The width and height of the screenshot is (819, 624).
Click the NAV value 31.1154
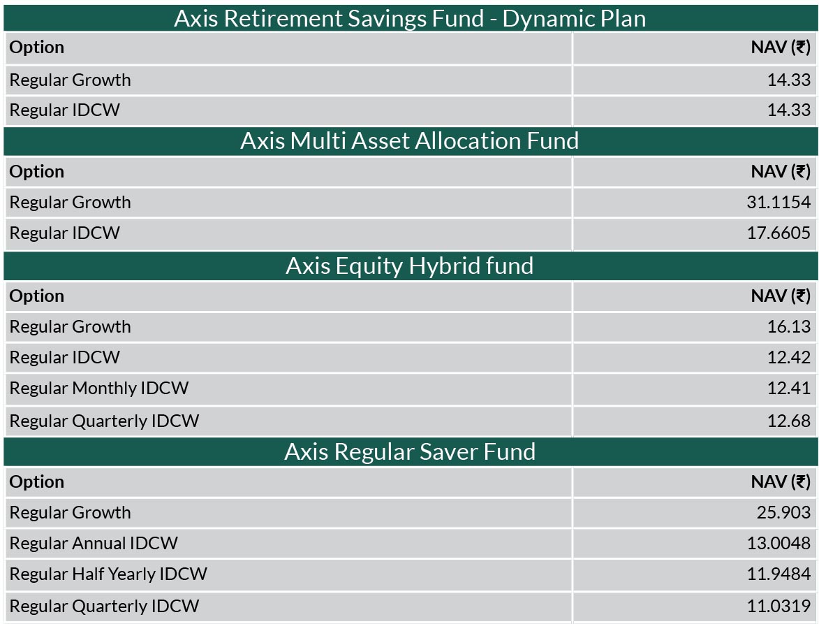coord(779,202)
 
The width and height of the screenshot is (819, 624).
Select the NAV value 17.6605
coord(779,233)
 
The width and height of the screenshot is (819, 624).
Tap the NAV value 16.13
coord(789,326)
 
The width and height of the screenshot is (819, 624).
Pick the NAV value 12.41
coord(789,389)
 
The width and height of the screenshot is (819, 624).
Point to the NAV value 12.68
coord(789,421)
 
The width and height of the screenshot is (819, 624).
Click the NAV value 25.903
coord(783,513)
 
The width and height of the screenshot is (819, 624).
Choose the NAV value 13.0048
coord(779,544)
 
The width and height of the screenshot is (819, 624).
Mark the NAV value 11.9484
coord(779,574)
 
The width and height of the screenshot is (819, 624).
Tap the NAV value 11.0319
coord(779,607)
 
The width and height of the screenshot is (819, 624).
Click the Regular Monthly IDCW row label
coord(99,389)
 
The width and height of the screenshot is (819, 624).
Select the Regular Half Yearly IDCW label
coord(108,574)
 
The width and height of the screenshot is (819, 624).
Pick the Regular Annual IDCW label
coord(94,544)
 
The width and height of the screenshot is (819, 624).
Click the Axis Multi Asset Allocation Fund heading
coord(409,141)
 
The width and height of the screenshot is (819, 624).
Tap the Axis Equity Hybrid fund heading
coord(409,266)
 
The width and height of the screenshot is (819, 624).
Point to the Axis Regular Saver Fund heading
coord(410,452)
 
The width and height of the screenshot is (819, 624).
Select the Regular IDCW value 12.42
coord(789,358)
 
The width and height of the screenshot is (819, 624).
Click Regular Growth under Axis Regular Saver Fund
coord(70,513)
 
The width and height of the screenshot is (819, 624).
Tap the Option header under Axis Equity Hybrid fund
coord(36,296)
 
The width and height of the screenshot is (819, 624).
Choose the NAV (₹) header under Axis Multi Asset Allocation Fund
coord(781,172)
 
